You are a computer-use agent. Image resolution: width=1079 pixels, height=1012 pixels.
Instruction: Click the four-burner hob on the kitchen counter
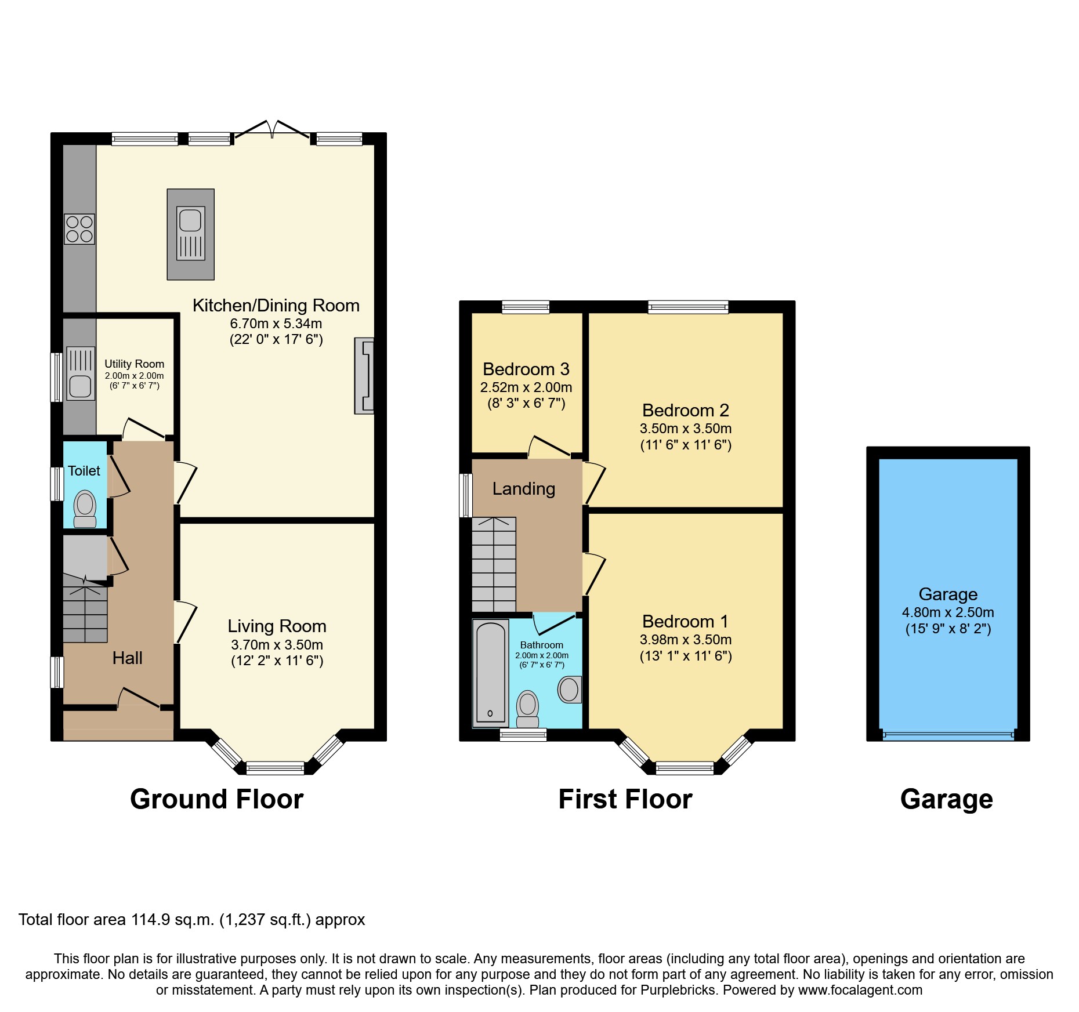coord(79,229)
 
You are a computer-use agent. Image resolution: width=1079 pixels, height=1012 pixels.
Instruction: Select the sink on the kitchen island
coord(190,221)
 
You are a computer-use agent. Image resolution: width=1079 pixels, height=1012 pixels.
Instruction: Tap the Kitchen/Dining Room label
coord(276,306)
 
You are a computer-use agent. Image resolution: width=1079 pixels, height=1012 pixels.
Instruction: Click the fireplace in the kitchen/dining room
coord(364,376)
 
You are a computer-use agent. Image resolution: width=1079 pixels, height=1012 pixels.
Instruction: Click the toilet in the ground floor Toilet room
coord(85,508)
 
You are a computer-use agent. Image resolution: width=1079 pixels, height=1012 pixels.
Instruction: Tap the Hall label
coord(127,658)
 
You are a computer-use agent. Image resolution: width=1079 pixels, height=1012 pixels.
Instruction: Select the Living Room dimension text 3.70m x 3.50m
coord(277,645)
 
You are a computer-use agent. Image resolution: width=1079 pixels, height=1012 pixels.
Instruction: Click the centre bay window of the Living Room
coord(275,768)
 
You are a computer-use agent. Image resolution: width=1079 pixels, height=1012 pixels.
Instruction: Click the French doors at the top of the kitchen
coord(272,131)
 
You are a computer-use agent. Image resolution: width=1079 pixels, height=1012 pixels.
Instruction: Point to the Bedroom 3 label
coord(526,369)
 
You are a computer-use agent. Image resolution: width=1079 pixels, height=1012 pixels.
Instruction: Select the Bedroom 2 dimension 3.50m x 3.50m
coord(685,429)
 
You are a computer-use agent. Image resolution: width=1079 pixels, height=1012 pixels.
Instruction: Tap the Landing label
coord(523,489)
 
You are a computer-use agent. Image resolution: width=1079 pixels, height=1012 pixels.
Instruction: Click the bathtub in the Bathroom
coord(491,673)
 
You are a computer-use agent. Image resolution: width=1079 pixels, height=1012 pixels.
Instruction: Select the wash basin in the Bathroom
coord(569,690)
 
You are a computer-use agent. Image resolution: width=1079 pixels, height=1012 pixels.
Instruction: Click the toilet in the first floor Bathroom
coord(527,708)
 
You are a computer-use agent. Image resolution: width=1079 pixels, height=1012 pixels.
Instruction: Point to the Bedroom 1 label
coord(685,622)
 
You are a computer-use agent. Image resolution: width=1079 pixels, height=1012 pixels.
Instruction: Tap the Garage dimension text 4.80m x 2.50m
coord(947,612)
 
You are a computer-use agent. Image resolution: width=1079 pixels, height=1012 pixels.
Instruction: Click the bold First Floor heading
coord(625,799)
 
